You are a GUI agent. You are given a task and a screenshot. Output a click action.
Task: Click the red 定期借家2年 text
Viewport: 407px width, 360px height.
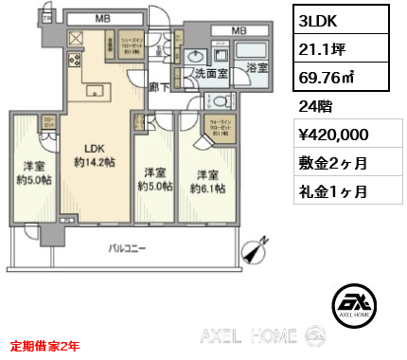pyautogui.click(x=46, y=345)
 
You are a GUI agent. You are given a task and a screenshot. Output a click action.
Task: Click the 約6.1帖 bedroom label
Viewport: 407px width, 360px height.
pyautogui.click(x=208, y=182)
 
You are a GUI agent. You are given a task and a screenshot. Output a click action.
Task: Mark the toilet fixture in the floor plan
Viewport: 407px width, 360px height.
pyautogui.click(x=219, y=100)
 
